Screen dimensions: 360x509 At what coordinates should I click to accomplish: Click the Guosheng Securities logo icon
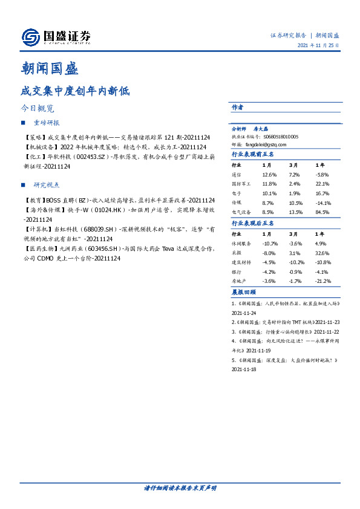[30, 37]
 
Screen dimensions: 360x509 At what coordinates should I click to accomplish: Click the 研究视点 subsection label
[47, 184]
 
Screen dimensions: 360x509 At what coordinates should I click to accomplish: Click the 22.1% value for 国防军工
[322, 184]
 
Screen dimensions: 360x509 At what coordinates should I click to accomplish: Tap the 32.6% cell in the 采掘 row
[322, 253]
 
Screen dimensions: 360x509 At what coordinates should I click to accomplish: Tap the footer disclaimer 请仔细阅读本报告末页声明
[180, 487]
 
